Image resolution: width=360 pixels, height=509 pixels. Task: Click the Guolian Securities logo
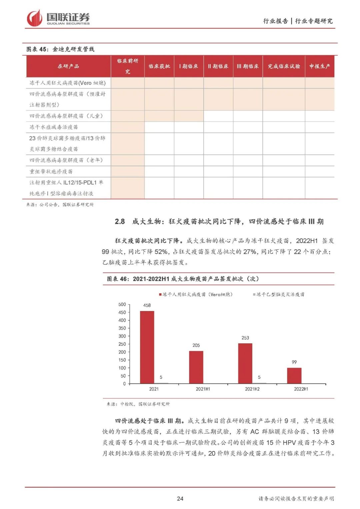(58, 18)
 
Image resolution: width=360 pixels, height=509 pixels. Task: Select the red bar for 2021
(147, 347)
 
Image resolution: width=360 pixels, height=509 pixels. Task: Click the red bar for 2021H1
(196, 367)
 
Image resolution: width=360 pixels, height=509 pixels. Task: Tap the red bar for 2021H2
(245, 363)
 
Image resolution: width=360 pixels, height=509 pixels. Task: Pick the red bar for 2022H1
(294, 376)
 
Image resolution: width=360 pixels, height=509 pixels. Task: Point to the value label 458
(147, 305)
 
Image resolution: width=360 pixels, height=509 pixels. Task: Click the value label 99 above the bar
(294, 362)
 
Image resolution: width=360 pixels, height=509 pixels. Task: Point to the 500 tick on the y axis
(122, 304)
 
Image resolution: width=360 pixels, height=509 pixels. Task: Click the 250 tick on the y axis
(122, 344)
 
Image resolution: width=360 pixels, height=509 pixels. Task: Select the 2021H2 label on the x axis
(252, 389)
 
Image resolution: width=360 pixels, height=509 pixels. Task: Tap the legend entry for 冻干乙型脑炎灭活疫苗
(279, 294)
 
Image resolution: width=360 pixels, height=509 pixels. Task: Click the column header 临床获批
(159, 66)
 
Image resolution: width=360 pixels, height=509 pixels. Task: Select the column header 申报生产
(319, 66)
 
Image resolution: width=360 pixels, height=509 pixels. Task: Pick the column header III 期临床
(248, 66)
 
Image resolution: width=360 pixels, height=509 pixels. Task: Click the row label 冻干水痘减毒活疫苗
(54, 127)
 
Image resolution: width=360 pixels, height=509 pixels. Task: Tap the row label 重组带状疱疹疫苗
(51, 171)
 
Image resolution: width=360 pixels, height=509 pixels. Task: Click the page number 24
(180, 498)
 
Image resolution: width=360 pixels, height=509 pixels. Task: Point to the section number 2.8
(120, 221)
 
